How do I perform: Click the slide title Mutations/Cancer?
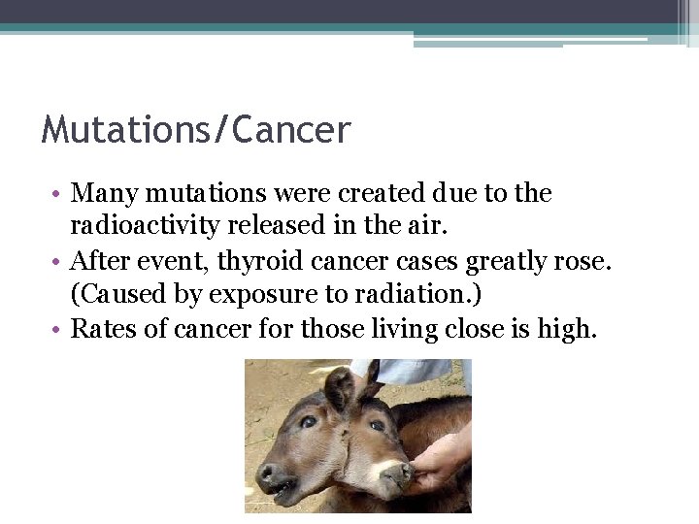(x=195, y=129)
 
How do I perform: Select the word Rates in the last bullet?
(x=104, y=329)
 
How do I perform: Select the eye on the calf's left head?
(x=308, y=422)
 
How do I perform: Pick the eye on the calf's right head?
(x=377, y=425)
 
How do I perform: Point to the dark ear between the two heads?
(x=339, y=388)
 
